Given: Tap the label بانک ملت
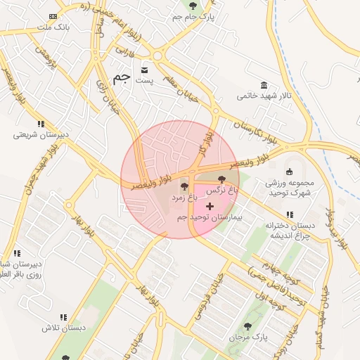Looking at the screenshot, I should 51,27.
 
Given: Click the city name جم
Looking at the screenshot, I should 121,78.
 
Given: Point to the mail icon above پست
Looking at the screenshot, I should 145,70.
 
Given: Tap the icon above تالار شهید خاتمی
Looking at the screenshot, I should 263,85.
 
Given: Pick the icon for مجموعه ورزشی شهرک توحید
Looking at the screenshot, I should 289,172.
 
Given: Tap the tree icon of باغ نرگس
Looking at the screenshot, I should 223,179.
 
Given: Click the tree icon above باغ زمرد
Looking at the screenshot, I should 184,187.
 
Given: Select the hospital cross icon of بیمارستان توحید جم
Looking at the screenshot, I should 210,206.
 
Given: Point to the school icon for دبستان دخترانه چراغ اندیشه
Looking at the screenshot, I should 290,214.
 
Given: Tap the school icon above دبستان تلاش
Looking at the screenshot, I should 63,318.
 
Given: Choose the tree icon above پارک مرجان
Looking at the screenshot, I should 247,326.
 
